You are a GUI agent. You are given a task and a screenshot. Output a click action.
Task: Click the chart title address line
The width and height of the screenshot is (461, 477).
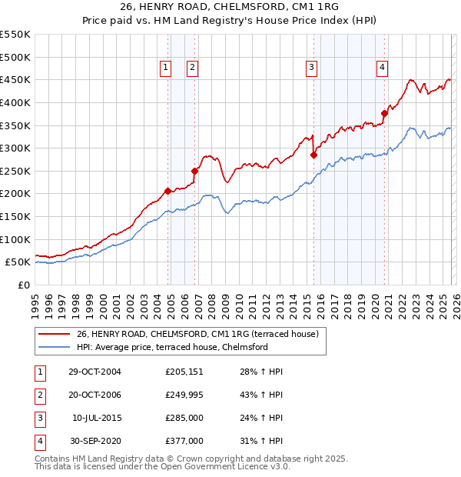(230, 6)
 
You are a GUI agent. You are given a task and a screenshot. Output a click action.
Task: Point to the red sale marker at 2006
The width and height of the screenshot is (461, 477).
(194, 171)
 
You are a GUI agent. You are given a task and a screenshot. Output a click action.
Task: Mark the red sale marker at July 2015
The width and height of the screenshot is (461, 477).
(313, 155)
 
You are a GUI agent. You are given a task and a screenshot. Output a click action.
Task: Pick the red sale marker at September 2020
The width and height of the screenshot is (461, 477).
(384, 113)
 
